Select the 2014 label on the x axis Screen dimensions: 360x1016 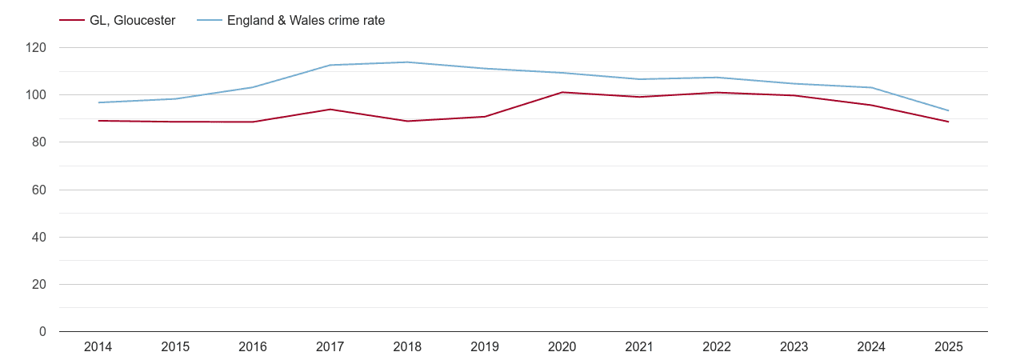98,347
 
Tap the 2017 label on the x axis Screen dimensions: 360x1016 330,347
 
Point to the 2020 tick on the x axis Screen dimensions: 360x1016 562,347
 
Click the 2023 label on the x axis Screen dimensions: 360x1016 794,347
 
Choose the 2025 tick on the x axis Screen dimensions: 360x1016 948,347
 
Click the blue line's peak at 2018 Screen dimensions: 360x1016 407,62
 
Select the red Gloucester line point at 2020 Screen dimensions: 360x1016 562,92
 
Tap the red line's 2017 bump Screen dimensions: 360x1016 330,109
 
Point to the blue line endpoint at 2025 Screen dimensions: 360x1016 948,110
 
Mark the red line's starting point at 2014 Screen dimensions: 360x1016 98,121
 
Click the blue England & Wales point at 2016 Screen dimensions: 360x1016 253,87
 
